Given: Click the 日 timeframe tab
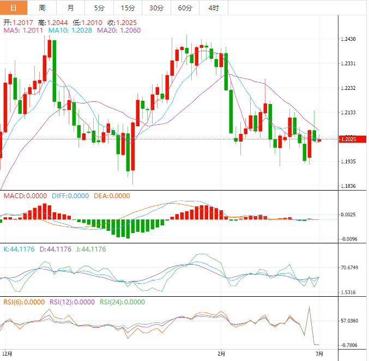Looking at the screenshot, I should tap(13, 8).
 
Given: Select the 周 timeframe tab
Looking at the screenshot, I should tap(43, 8).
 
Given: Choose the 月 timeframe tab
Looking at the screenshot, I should tap(71, 8).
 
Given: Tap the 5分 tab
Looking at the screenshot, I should tap(99, 8).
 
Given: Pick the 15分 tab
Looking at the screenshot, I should tap(128, 8).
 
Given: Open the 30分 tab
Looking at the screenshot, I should tap(156, 8).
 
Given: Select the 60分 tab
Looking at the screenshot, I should tap(185, 8).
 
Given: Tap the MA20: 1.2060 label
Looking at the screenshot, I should tap(119, 30).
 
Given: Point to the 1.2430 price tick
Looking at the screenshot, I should tap(348, 39).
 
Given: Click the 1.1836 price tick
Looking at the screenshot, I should tap(348, 186).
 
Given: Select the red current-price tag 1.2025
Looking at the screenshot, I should tap(348, 140).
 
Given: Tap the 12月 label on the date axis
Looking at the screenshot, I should tap(7, 353).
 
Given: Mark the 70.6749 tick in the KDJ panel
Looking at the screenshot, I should tap(349, 268).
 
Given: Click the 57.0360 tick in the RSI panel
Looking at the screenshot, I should tap(349, 321).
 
